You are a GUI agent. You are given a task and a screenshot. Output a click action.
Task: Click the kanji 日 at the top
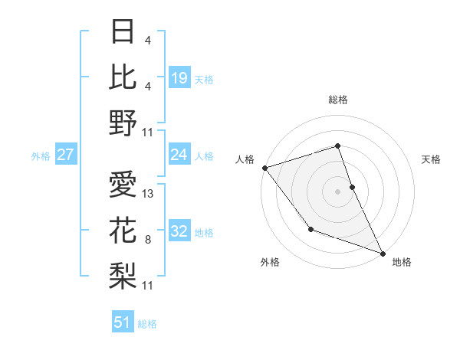coord(123,32)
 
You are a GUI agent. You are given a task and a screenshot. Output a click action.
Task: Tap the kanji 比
coord(123,76)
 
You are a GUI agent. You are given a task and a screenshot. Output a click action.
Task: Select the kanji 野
coord(123,122)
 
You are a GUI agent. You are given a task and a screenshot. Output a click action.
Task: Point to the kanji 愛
coord(123,184)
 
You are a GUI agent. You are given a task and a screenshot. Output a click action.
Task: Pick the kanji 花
coord(123,229)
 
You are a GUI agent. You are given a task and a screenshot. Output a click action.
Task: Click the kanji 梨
coord(123,273)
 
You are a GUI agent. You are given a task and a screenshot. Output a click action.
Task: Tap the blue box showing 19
coord(179,78)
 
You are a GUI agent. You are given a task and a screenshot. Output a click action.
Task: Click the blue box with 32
coord(179,232)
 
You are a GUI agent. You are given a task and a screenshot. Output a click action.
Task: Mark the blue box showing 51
coord(123,322)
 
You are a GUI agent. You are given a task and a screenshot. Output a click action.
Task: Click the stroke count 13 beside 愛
coord(149,194)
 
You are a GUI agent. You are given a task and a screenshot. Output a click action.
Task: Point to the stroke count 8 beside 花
coord(147,240)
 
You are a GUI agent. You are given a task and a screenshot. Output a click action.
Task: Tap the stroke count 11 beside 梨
coord(149,286)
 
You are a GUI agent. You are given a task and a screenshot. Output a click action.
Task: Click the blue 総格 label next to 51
coord(148,324)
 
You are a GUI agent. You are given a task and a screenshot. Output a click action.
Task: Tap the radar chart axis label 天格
coord(432,159)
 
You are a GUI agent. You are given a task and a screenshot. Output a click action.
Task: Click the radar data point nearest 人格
coord(264,167)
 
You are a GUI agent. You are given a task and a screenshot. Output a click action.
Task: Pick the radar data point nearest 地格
coord(383,252)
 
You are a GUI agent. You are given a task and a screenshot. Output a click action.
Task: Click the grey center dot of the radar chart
coord(338,191)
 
